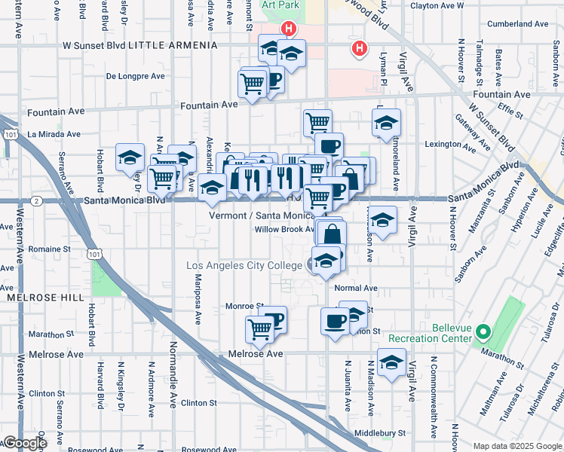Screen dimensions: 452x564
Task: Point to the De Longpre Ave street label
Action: pos(135,76)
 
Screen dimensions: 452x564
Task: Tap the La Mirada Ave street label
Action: pos(54,134)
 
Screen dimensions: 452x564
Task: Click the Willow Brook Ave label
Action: pos(284,229)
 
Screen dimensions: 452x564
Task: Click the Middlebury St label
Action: pos(380,433)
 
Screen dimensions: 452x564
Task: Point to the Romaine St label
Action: pos(49,248)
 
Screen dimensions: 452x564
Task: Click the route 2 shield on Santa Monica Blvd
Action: pos(36,201)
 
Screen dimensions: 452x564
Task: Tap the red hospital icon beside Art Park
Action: pos(287,29)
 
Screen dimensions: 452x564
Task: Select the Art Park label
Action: pos(280,5)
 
